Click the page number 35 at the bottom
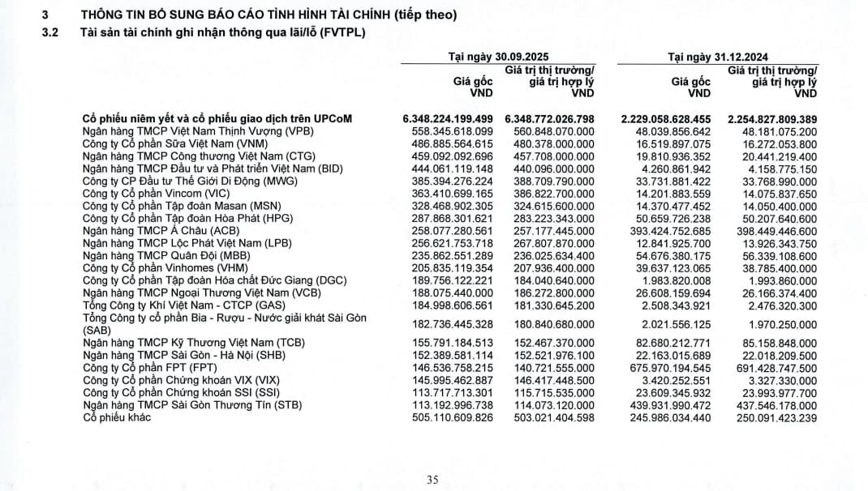[432, 480]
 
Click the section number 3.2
[51, 32]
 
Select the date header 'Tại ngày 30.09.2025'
[499, 57]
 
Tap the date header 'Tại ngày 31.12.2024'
[718, 57]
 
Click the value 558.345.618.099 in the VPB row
[453, 131]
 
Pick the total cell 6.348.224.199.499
[448, 119]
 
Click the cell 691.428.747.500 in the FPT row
[776, 367]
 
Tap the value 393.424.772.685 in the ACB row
[668, 232]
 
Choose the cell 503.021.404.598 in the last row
[553, 417]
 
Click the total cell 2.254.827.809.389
[772, 119]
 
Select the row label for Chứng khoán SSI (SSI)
[171, 392]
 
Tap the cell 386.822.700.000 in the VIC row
[554, 194]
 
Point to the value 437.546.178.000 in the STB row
[776, 404]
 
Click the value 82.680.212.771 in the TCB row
[672, 343]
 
